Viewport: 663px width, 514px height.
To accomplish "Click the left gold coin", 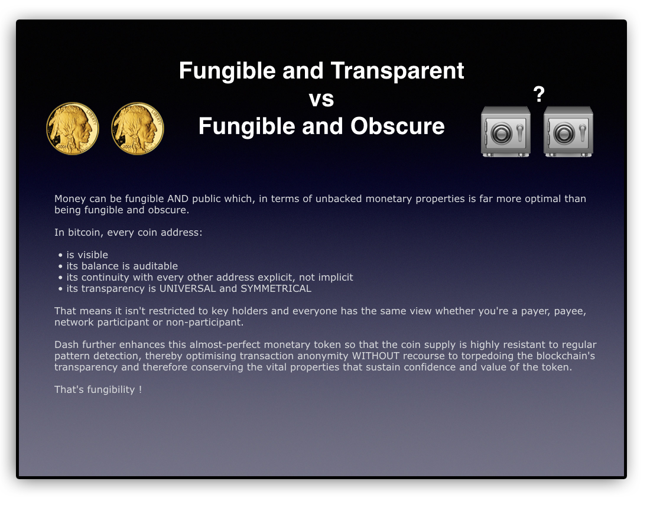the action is click(72, 129).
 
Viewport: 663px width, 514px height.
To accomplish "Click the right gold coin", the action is click(138, 129).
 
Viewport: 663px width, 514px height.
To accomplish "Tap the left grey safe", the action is click(506, 132).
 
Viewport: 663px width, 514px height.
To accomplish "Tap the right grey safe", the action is click(568, 132).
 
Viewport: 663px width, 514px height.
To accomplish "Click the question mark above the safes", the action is click(539, 95).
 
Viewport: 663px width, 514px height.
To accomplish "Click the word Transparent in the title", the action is click(397, 70).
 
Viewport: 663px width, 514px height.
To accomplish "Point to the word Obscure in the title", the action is click(398, 126).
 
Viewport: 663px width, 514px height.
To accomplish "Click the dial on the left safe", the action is click(502, 134).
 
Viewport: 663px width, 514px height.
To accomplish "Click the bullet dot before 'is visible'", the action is click(60, 255).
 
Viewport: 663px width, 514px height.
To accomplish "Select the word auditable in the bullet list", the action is click(155, 266).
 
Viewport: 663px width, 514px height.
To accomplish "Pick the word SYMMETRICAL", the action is click(276, 288).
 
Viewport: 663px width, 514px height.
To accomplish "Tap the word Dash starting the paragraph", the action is click(66, 344).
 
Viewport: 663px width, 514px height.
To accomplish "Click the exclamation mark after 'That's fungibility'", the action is click(140, 389).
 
